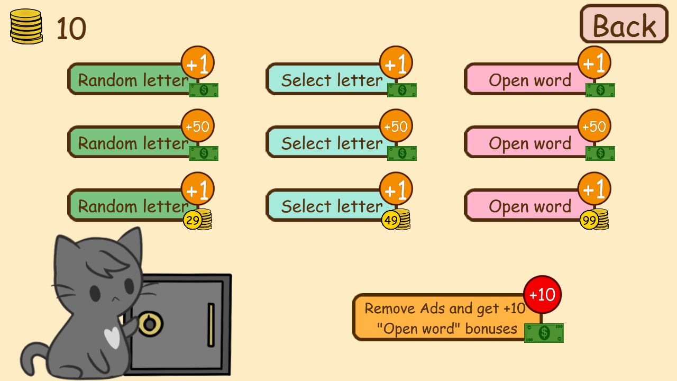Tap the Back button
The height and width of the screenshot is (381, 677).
pyautogui.click(x=624, y=24)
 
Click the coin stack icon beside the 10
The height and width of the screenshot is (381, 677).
pyautogui.click(x=26, y=26)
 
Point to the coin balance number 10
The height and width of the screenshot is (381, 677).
pyautogui.click(x=71, y=29)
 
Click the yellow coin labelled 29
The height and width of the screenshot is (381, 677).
pyautogui.click(x=193, y=220)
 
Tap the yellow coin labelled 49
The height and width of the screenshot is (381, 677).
pyautogui.click(x=391, y=220)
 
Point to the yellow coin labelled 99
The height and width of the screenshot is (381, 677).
pyautogui.click(x=589, y=220)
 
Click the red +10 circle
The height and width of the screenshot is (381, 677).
pyautogui.click(x=542, y=294)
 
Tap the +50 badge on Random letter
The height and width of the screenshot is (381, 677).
pyautogui.click(x=197, y=126)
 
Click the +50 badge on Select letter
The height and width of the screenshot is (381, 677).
pyautogui.click(x=396, y=126)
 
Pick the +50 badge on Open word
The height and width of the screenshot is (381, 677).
pyautogui.click(x=594, y=126)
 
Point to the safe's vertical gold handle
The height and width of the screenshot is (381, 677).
pyautogui.click(x=211, y=324)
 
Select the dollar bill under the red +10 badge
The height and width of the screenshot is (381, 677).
pyautogui.click(x=544, y=333)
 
